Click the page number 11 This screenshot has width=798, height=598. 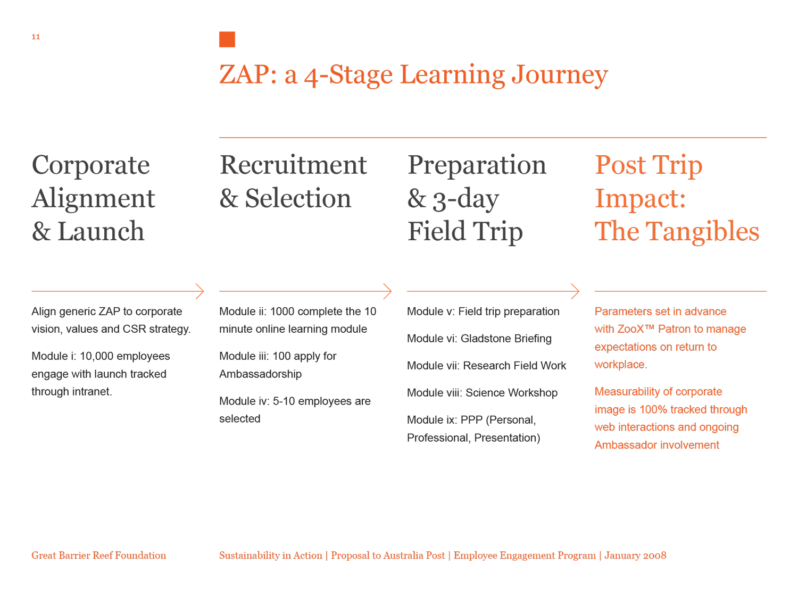(36, 37)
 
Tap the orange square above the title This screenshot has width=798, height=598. (227, 39)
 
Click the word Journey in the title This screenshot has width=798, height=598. (559, 75)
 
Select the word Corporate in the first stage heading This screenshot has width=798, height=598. (90, 166)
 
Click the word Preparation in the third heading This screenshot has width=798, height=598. (477, 166)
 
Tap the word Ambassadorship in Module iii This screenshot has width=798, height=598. (260, 374)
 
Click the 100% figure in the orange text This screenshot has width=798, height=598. (653, 409)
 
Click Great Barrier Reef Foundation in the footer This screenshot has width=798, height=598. (98, 555)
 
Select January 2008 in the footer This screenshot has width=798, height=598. (635, 555)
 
